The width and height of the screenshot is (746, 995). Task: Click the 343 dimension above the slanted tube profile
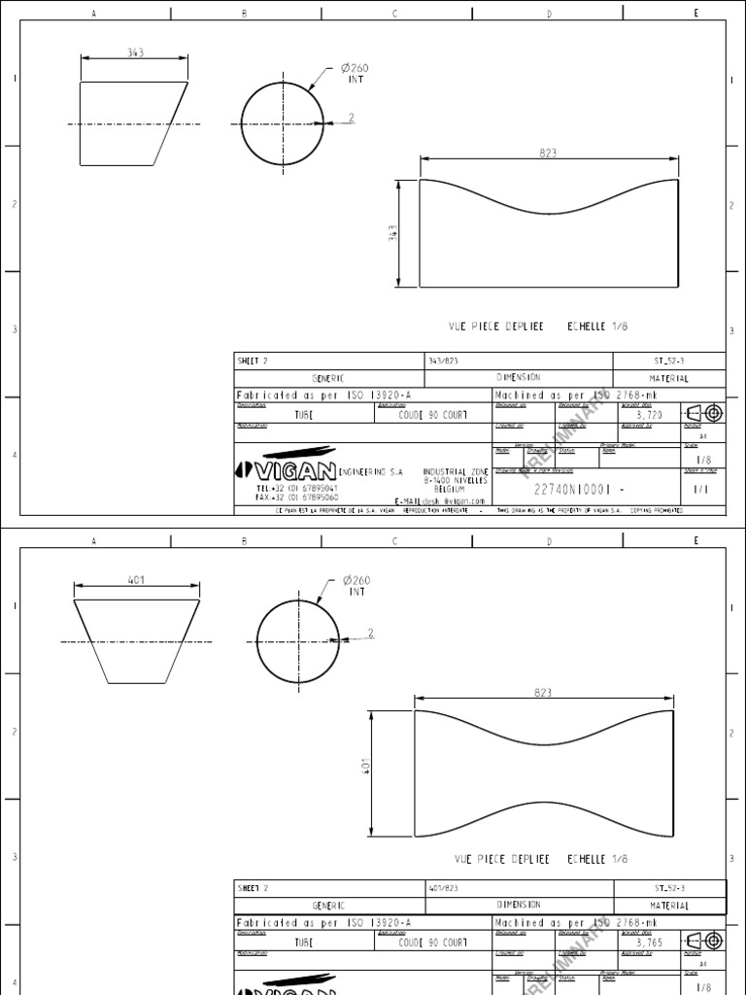[135, 53]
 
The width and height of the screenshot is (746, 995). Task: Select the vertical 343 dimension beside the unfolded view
[392, 233]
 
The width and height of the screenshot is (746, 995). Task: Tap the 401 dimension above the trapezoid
[136, 580]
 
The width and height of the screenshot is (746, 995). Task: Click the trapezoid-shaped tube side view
[136, 641]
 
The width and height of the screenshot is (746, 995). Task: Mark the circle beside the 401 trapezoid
[297, 641]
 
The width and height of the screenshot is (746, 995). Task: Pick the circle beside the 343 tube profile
[283, 123]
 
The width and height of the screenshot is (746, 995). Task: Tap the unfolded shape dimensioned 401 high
[544, 773]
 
